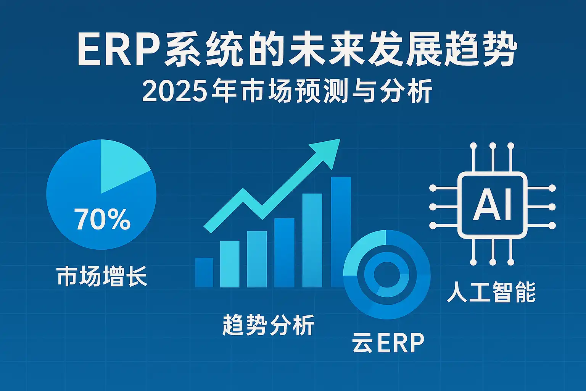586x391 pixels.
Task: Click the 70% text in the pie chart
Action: [102, 219]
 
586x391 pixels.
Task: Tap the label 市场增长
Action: [102, 277]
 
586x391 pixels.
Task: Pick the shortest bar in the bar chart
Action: [204, 272]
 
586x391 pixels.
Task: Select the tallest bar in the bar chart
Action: [341, 232]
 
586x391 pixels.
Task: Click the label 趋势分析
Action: [269, 325]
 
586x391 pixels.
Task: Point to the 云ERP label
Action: [388, 342]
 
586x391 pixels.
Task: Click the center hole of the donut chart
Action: [387, 275]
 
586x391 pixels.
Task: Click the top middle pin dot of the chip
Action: [493, 145]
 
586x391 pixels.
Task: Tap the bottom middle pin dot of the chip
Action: [493, 262]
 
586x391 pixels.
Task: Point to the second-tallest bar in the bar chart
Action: [312, 241]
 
